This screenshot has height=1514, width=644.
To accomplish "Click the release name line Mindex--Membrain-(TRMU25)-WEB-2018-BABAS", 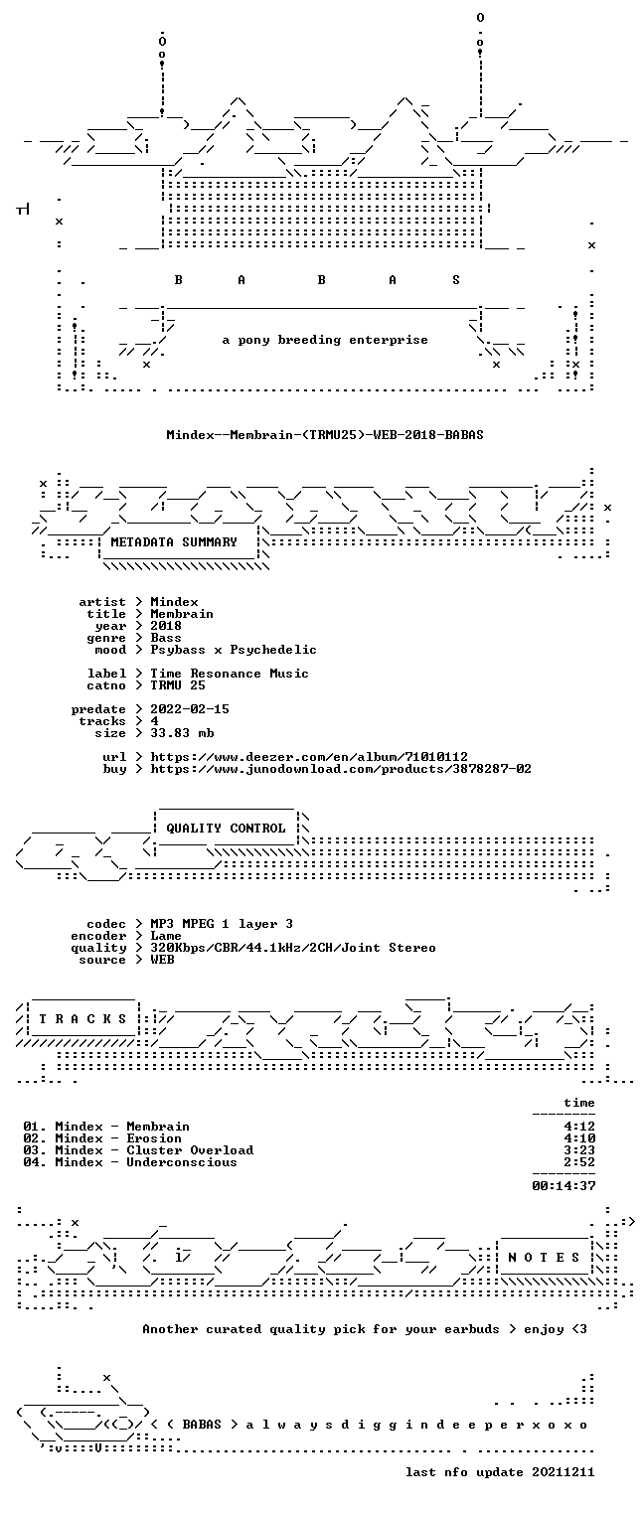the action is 325,435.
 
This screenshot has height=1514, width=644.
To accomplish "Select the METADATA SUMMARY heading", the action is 174,542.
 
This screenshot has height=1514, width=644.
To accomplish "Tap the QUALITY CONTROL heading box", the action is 226,829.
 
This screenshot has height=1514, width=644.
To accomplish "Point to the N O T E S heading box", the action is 545,1258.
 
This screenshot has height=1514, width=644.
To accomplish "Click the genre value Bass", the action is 166,638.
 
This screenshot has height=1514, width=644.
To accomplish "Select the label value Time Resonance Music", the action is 230,674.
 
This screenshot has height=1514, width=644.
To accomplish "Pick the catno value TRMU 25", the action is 178,685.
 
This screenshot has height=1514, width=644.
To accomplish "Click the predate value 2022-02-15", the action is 190,709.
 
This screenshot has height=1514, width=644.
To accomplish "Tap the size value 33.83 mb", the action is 182,733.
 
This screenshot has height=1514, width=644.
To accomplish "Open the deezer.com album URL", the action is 309,757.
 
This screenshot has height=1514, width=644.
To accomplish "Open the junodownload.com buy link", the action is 341,769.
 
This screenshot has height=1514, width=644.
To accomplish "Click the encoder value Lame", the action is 166,936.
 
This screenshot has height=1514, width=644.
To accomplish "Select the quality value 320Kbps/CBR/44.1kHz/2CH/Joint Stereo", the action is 293,949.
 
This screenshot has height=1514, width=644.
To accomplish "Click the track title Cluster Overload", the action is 190,1150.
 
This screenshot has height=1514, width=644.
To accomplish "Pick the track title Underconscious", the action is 182,1162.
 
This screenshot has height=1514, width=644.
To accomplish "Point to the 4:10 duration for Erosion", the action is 579,1138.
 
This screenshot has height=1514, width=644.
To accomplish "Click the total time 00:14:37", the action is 563,1185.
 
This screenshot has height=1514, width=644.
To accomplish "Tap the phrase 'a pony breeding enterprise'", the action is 325,340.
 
